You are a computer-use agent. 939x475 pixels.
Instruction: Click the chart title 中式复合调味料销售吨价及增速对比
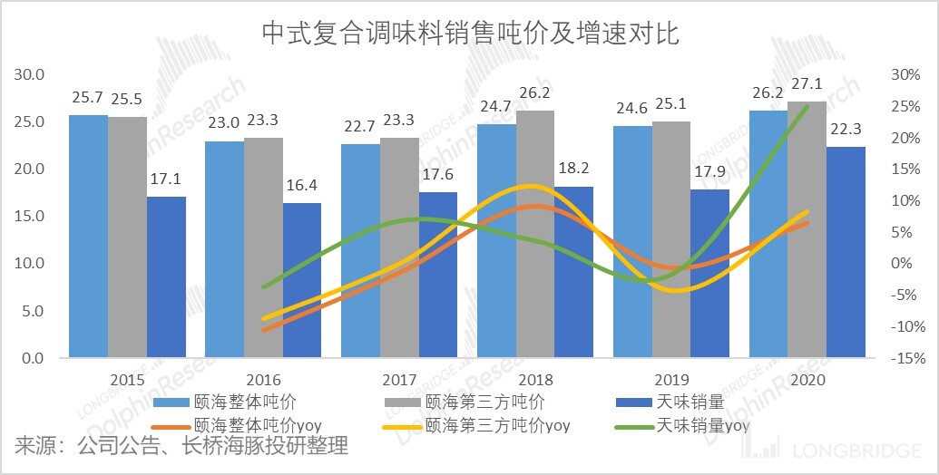[x=469, y=34]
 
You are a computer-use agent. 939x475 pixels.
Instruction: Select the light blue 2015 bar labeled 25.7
[x=89, y=236]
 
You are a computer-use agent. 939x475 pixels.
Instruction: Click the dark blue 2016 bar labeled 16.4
[x=302, y=280]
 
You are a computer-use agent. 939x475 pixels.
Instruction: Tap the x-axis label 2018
[x=535, y=379]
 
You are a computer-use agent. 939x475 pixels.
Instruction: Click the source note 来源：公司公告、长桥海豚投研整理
[x=181, y=447]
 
